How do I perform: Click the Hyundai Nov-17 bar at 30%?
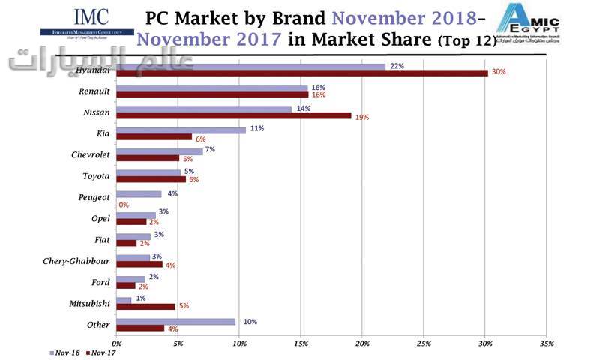click(x=302, y=73)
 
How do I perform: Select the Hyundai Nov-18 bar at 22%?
click(x=251, y=66)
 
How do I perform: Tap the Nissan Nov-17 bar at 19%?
click(x=234, y=115)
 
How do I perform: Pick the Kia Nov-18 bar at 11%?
click(x=181, y=130)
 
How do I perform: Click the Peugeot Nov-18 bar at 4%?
click(x=139, y=194)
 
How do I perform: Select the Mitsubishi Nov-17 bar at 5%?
click(x=146, y=306)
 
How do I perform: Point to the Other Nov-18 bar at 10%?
click(x=176, y=321)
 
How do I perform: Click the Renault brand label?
click(x=94, y=91)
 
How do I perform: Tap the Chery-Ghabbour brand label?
click(x=77, y=261)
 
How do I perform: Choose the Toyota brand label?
click(x=96, y=176)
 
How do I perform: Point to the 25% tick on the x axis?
click(x=424, y=343)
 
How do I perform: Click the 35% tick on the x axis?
click(x=547, y=343)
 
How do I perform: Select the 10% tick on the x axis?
click(x=239, y=343)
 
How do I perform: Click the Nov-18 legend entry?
click(x=64, y=351)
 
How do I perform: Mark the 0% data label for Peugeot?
click(x=124, y=204)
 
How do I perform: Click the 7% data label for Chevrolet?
click(x=210, y=150)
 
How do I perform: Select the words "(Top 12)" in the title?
click(x=466, y=42)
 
